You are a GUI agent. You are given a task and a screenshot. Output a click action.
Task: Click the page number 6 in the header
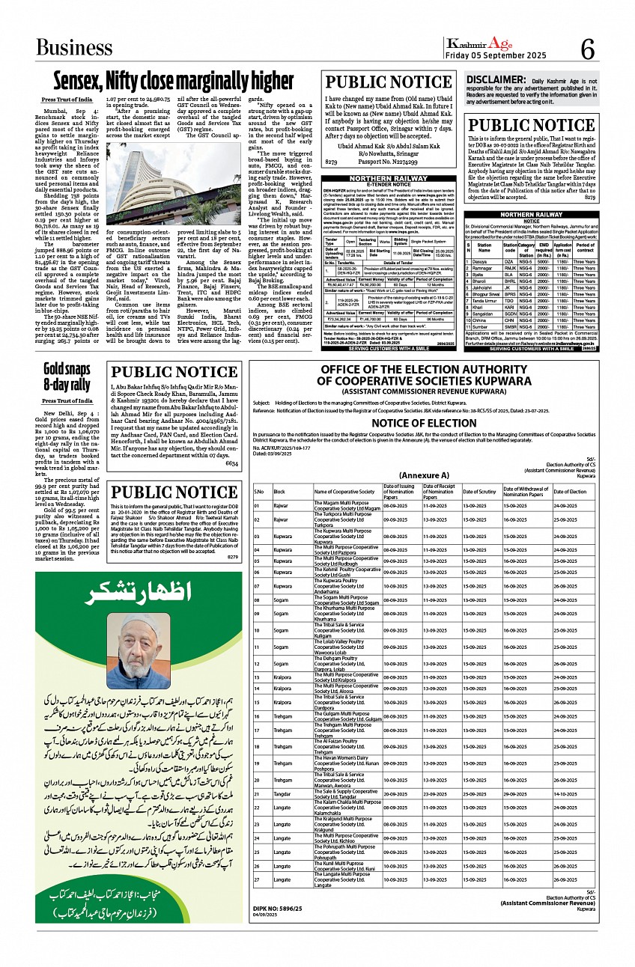[x=587, y=50]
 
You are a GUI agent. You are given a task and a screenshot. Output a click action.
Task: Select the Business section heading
[x=74, y=48]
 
